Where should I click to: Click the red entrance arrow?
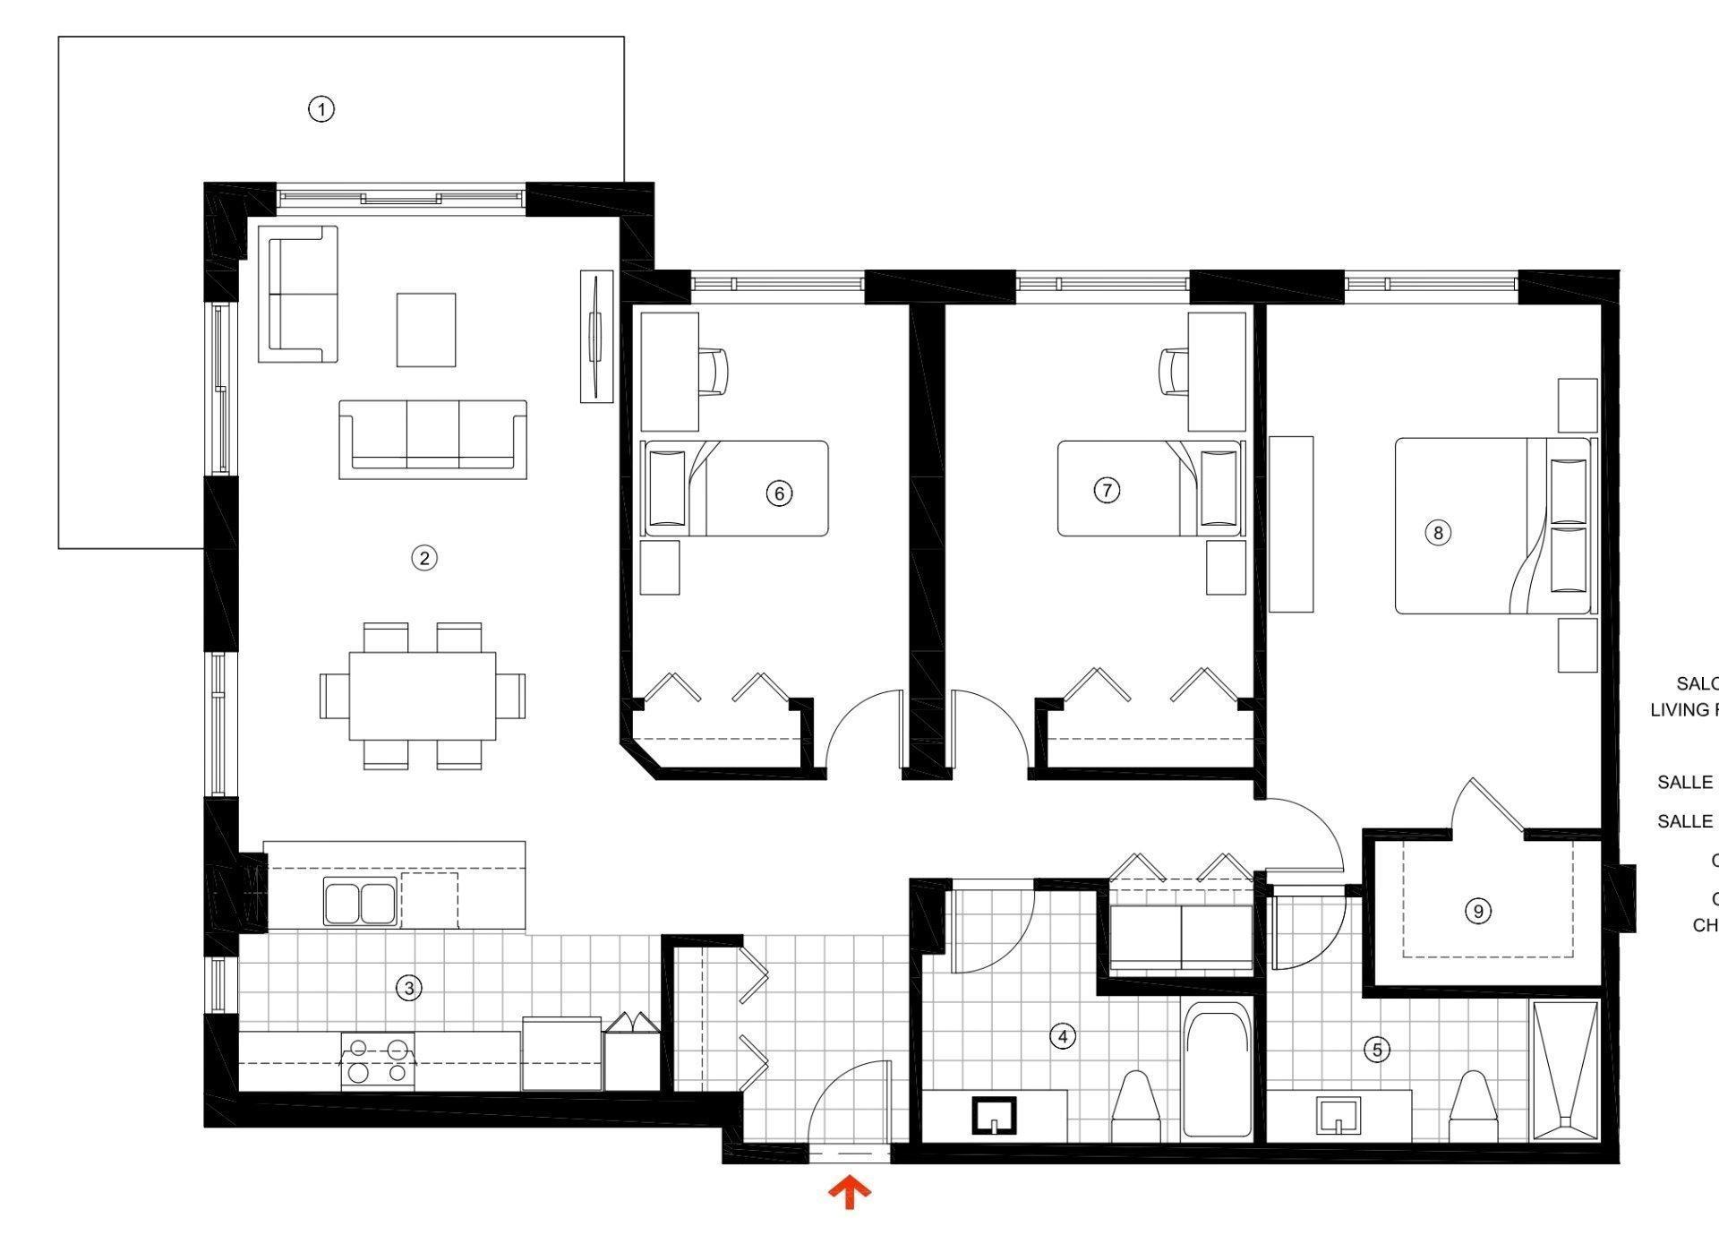tap(849, 1194)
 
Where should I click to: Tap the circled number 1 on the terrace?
tap(321, 109)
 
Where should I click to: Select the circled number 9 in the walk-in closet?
tap(1477, 912)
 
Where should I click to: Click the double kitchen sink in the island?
tap(360, 901)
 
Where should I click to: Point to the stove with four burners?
tap(378, 1061)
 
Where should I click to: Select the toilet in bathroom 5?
tap(1474, 1108)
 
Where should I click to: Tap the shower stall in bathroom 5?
tap(1565, 1071)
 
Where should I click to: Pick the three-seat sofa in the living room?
tap(432, 439)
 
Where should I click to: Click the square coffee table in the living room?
tap(426, 330)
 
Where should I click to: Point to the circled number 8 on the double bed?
tap(1438, 533)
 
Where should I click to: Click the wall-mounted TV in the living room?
tap(596, 336)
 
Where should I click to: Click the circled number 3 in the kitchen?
tap(409, 989)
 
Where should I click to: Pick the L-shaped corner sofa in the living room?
tap(297, 294)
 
